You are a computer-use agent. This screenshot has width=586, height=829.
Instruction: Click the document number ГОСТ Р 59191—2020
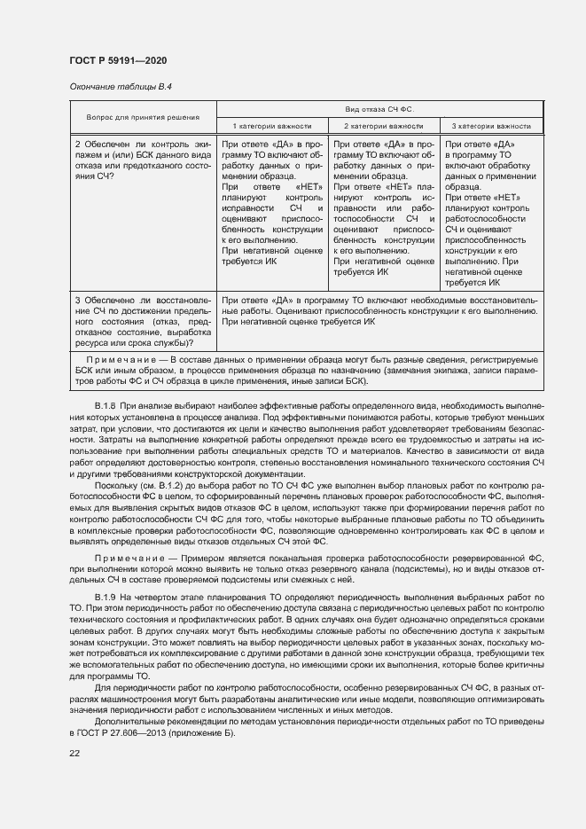pos(118,59)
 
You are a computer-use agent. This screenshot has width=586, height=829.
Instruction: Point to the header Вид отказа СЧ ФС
pos(379,109)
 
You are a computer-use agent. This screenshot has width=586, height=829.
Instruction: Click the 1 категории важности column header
pos(271,126)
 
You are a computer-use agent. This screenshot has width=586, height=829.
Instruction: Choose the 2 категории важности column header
pos(383,126)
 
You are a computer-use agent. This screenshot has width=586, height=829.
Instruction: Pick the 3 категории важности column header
pos(491,126)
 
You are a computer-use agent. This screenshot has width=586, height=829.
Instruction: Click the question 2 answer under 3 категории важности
pos(491,213)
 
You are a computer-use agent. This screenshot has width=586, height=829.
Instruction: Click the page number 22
pos(74,754)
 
